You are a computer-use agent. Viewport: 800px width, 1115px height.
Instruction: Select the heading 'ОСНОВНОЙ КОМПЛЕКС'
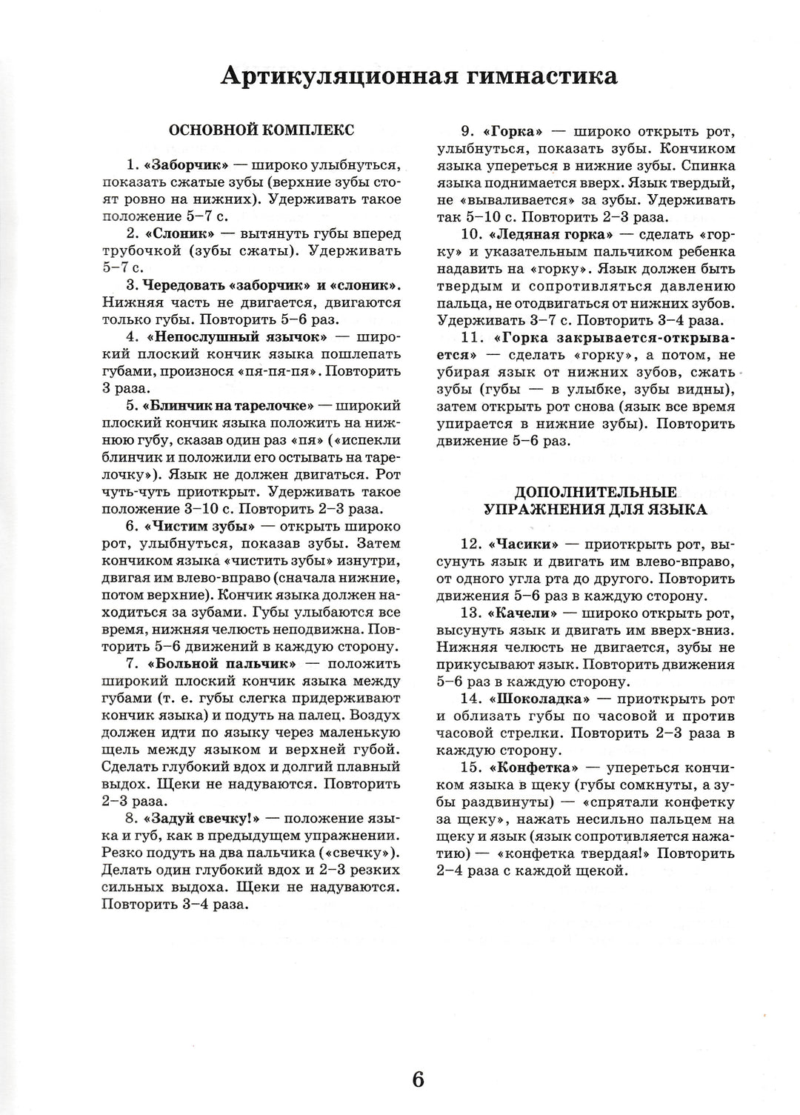click(x=262, y=130)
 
